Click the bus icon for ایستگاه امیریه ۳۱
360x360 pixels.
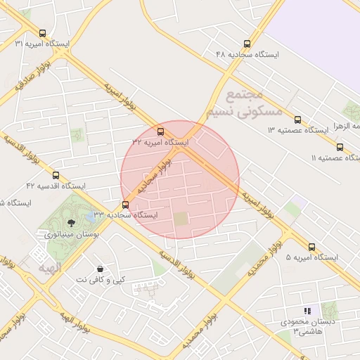coord(44,33)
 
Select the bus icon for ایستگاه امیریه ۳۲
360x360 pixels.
coord(161,131)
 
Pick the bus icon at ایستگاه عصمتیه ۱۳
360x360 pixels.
coord(297,120)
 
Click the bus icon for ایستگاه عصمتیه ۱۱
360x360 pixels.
coord(340,147)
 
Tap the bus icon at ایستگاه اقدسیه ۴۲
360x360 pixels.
coord(56,175)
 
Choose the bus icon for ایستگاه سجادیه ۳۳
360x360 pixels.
coord(126,205)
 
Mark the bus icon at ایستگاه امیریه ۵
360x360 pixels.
coord(312,247)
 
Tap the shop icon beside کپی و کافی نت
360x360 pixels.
coord(101,269)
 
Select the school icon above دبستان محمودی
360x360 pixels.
coord(307,310)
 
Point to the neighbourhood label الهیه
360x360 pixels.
coord(50,268)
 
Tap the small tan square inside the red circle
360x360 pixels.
coord(181,219)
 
